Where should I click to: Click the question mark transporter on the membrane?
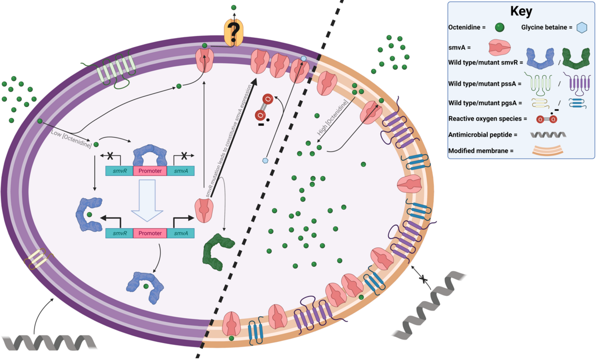point(234,32)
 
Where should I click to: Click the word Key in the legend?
point(521,11)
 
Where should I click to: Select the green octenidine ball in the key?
point(499,28)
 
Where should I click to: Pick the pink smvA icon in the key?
point(499,48)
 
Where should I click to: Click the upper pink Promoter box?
point(150,171)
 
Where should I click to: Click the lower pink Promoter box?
point(150,233)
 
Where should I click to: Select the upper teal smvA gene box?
point(181,171)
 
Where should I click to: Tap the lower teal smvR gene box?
point(119,233)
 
